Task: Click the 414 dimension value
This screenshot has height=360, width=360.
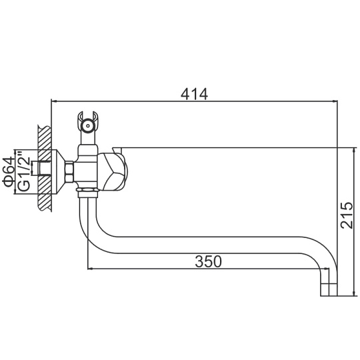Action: click(194, 94)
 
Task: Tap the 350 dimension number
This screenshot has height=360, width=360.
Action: click(208, 261)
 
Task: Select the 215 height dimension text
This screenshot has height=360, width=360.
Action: click(347, 215)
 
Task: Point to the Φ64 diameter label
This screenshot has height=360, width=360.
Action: click(8, 172)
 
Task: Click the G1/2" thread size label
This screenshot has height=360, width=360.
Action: click(24, 171)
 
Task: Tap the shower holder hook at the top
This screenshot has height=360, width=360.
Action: click(87, 122)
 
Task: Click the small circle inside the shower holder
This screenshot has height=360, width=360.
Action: click(87, 125)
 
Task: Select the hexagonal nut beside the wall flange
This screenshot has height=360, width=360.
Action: click(69, 172)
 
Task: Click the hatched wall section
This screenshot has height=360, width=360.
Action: click(45, 168)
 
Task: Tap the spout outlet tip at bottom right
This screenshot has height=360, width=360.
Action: click(329, 289)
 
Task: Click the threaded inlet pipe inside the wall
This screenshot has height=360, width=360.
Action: click(45, 168)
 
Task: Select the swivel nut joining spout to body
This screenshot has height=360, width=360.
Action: click(87, 193)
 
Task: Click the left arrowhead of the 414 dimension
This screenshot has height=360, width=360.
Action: click(53, 101)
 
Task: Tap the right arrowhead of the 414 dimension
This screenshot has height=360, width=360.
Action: click(335, 101)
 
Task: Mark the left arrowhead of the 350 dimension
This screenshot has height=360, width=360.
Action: click(91, 268)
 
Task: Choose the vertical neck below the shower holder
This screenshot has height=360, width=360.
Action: click(87, 138)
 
